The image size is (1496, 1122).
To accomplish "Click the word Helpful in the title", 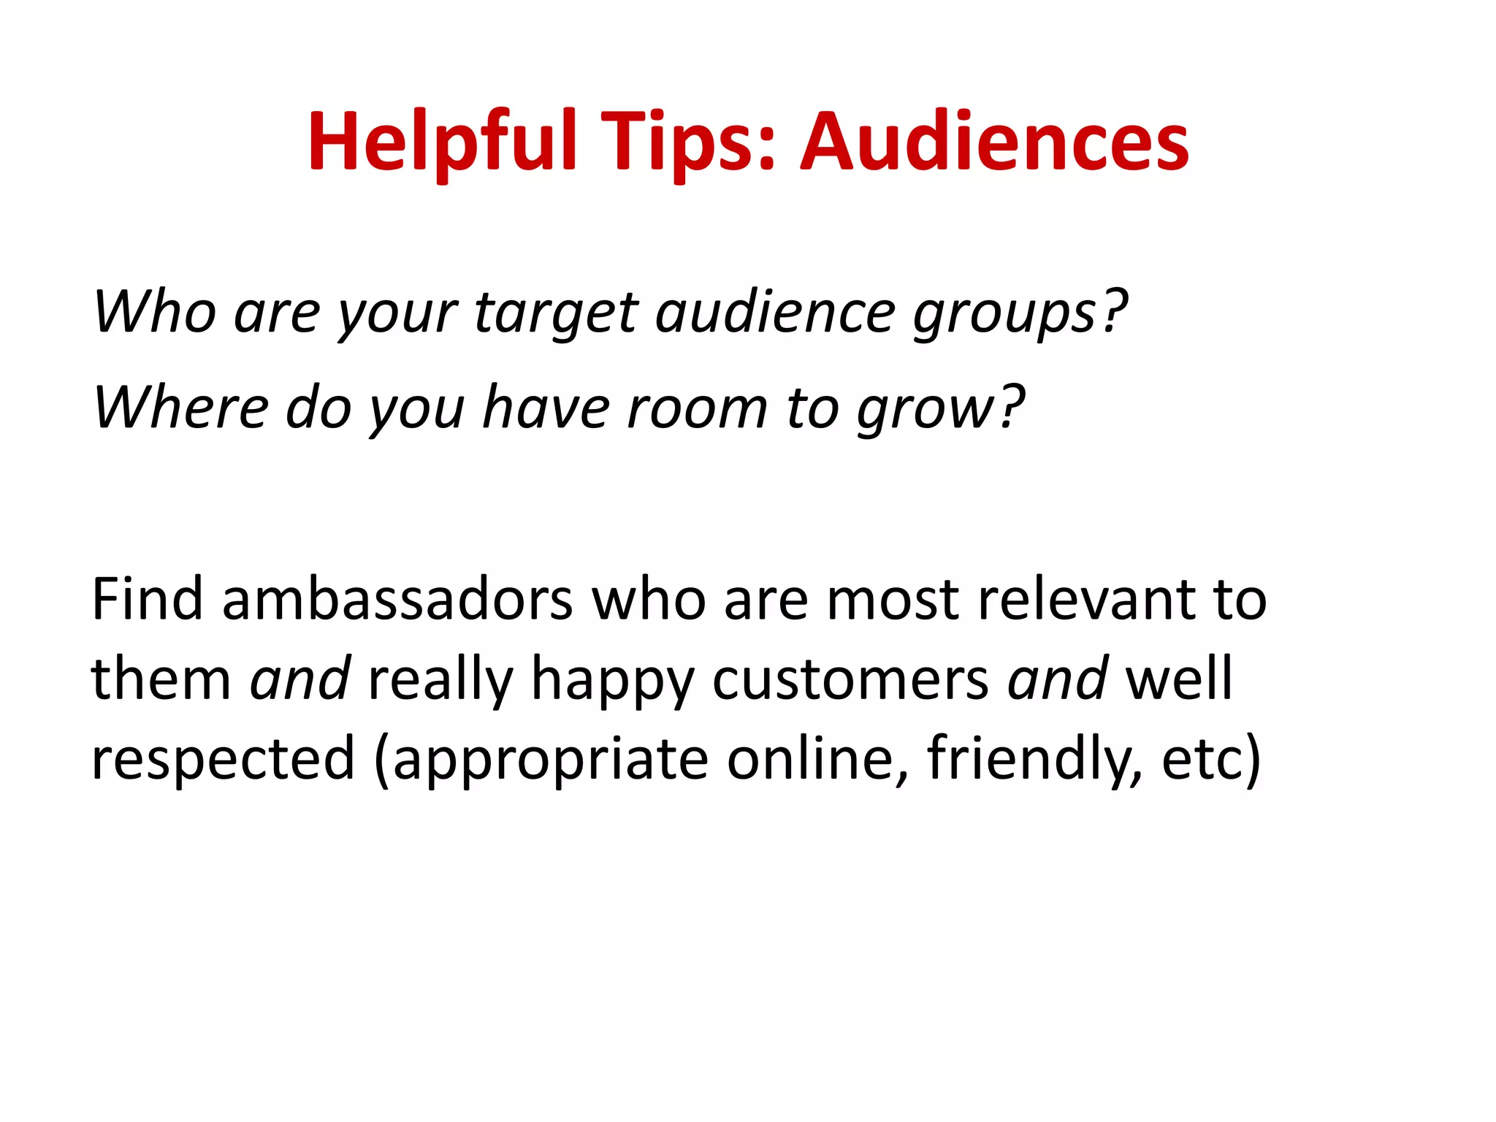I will (x=443, y=142).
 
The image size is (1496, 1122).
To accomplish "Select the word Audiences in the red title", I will (x=995, y=142).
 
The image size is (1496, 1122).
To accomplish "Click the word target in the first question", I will (x=556, y=313).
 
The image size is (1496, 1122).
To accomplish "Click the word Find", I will (x=147, y=599).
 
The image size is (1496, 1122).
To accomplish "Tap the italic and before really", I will (x=299, y=679).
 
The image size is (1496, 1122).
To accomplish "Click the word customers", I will (x=850, y=679).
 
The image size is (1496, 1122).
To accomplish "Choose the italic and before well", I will (x=1057, y=679).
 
